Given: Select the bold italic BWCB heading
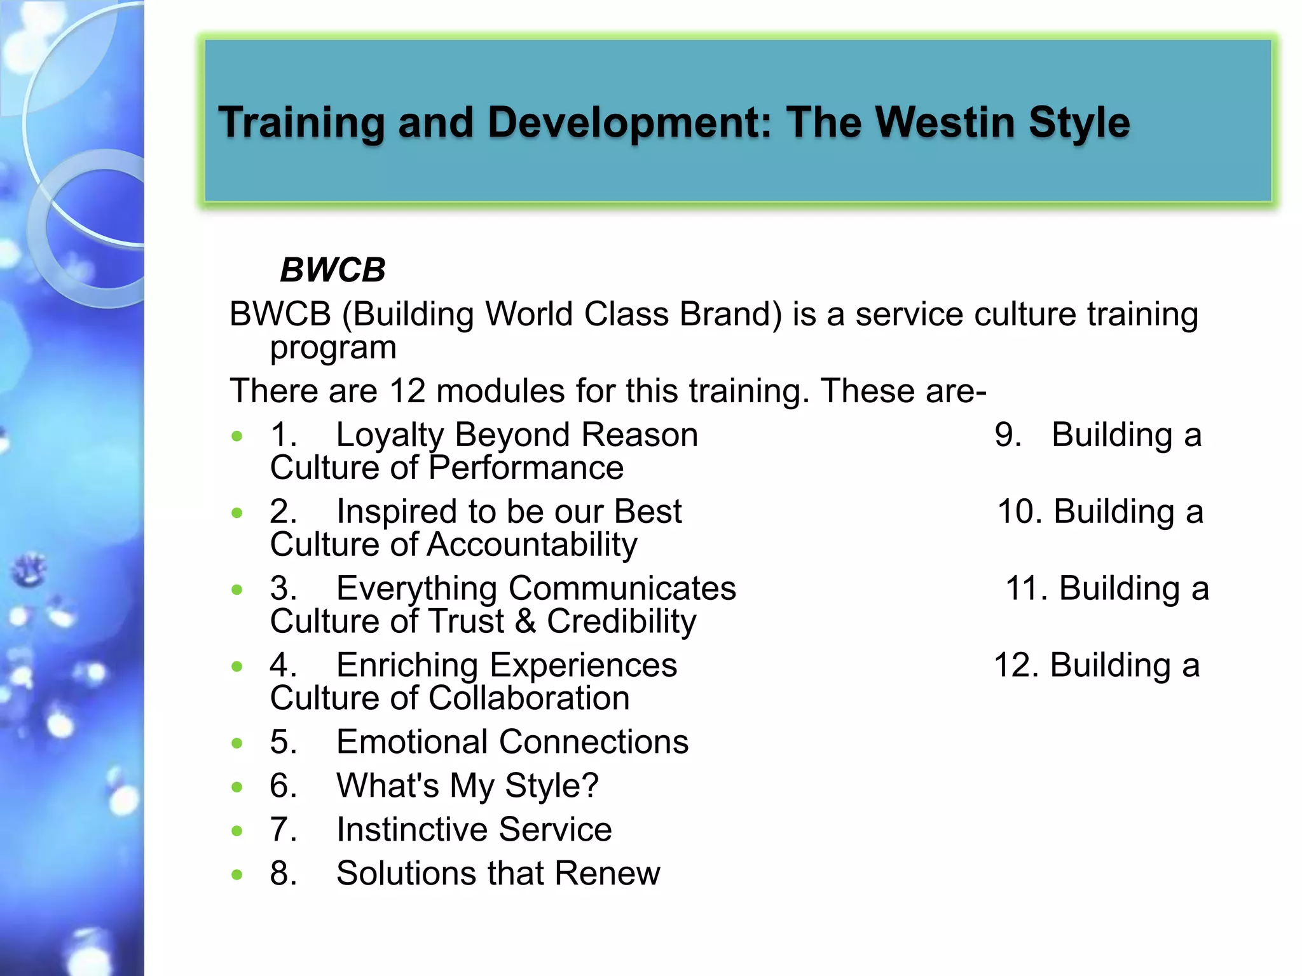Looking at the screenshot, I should [332, 270].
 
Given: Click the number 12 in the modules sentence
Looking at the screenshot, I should [407, 390].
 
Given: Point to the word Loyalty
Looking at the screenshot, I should [389, 436].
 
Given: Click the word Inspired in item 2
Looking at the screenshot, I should [397, 512].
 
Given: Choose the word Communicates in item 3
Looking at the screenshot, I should [622, 588].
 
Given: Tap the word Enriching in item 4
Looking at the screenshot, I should [407, 665].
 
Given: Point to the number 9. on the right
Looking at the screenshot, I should [1008, 435].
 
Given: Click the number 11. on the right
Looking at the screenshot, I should [1026, 588].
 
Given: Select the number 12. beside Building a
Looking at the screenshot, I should [1016, 665].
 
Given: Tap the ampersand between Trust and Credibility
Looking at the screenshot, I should [525, 621].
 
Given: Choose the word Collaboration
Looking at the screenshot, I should [529, 698].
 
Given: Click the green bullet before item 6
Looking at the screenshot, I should [237, 787].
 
